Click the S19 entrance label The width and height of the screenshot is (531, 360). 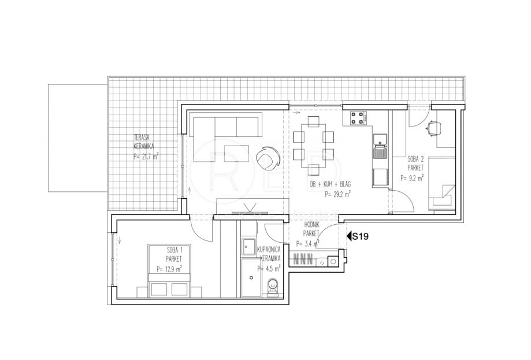click(x=360, y=236)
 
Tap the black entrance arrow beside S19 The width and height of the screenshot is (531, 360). click(x=348, y=236)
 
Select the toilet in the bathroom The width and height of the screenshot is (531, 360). click(x=272, y=288)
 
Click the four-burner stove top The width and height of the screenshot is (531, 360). click(x=359, y=118)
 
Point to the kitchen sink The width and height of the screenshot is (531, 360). click(x=380, y=146)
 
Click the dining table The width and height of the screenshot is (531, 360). click(x=313, y=146)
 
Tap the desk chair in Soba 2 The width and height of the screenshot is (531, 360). click(x=434, y=129)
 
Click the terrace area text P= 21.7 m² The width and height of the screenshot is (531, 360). click(x=146, y=157)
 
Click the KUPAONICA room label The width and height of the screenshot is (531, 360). click(x=269, y=250)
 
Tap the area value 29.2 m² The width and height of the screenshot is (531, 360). click(x=337, y=194)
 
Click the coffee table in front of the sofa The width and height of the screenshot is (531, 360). click(x=236, y=153)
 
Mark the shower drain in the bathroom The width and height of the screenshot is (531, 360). click(x=251, y=278)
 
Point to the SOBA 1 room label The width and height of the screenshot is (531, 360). click(x=174, y=251)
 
